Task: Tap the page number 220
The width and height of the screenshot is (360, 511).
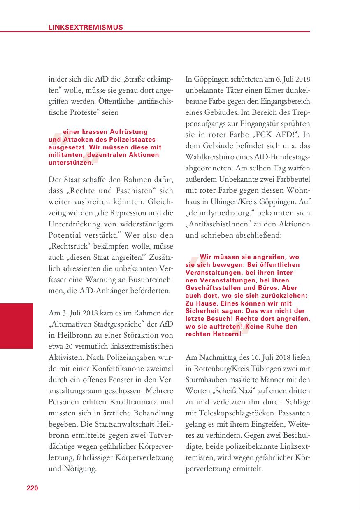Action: pyautogui.click(x=32, y=488)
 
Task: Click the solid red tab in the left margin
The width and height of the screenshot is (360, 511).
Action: pyautogui.click(x=16, y=326)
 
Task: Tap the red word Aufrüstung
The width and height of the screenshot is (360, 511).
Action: pyautogui.click(x=129, y=132)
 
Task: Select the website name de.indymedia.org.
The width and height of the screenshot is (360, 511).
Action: pyautogui.click(x=222, y=214)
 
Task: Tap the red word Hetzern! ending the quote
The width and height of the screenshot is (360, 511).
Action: pyautogui.click(x=225, y=334)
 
